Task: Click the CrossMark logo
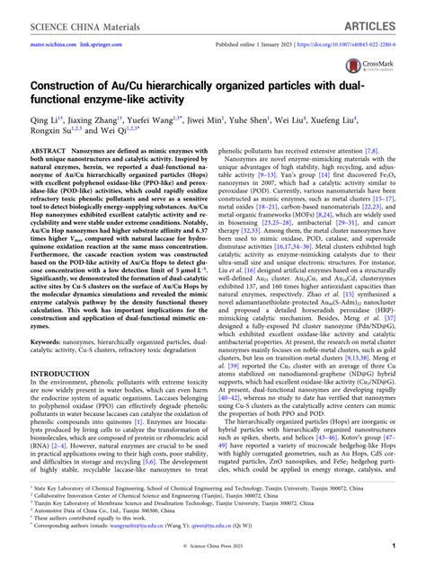386,72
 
